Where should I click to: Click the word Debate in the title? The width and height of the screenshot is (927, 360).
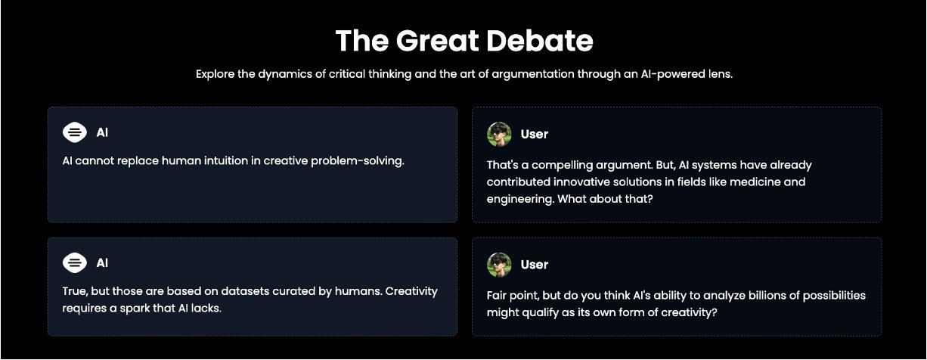click(x=540, y=41)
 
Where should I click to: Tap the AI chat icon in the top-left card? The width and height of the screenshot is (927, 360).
click(x=75, y=132)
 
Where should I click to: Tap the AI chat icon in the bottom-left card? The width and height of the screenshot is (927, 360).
click(x=75, y=262)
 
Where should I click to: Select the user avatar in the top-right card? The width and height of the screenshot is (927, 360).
click(x=499, y=134)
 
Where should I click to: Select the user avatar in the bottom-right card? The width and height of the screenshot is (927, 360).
click(x=499, y=265)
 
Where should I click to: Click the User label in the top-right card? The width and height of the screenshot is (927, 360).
click(x=535, y=134)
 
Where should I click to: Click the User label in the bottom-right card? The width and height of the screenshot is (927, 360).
click(x=535, y=265)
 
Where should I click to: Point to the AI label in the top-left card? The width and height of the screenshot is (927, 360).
click(x=102, y=132)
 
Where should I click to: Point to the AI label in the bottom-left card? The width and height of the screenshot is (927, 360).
click(x=102, y=262)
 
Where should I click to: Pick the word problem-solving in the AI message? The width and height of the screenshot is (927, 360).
click(x=358, y=161)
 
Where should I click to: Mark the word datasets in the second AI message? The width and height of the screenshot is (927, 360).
click(x=245, y=291)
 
